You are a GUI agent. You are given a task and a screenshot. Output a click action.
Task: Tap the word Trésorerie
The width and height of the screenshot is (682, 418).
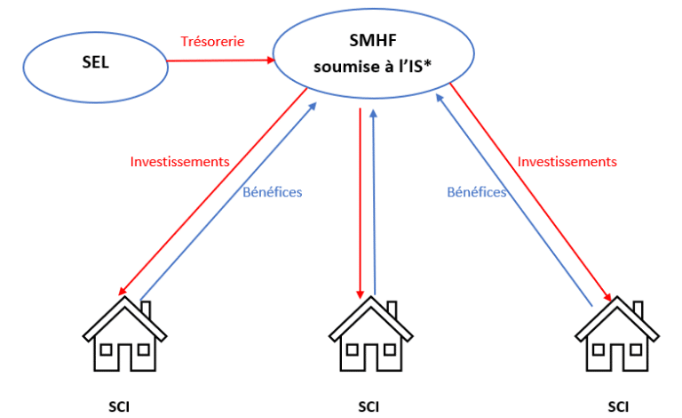coord(212,41)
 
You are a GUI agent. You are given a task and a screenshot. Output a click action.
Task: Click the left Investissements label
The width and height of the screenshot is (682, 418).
coord(180,162)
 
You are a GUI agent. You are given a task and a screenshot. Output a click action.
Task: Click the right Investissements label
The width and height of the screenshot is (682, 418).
coord(567,162)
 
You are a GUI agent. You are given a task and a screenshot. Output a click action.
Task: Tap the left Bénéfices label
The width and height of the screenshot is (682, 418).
coord(273,191)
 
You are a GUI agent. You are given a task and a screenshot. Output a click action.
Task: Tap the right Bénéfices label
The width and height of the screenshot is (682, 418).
coord(477,191)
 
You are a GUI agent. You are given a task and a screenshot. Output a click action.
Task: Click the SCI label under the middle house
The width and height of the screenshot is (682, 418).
coord(368,407)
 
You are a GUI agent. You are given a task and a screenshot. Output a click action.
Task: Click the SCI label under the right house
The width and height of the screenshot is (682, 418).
coord(617,407)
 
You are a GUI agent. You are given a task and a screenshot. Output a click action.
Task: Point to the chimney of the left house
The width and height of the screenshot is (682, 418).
coord(147,310)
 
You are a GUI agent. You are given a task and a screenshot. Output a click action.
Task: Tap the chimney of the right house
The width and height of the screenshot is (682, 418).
coord(638,310)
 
